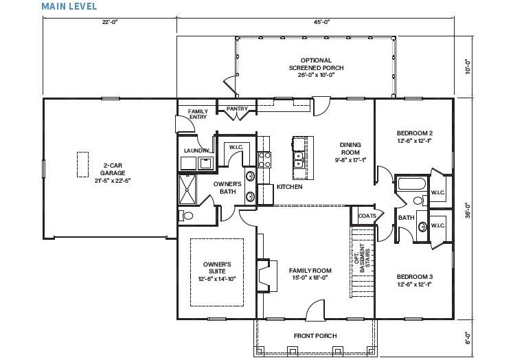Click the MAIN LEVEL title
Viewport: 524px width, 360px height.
click(x=69, y=6)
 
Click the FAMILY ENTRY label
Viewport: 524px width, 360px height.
click(x=198, y=114)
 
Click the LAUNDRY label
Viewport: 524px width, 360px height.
click(x=196, y=150)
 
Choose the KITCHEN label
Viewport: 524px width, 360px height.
click(x=290, y=187)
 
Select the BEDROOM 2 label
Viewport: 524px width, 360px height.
click(x=414, y=136)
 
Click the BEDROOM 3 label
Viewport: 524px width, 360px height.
click(x=414, y=280)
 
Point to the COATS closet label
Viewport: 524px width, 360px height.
click(x=367, y=215)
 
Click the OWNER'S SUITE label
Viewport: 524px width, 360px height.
click(x=217, y=271)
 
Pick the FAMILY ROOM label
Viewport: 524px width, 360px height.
click(x=310, y=273)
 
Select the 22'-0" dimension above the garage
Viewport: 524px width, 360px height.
click(x=110, y=23)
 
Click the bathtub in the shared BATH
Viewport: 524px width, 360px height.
click(x=411, y=184)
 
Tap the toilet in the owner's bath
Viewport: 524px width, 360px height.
click(x=187, y=215)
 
